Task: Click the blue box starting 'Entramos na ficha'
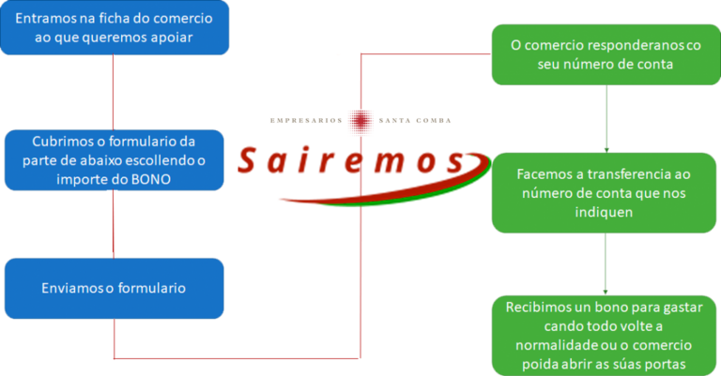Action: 115,28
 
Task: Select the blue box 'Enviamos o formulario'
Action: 115,287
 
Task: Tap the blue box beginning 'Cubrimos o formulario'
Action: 115,160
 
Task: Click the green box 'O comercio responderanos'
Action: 606,54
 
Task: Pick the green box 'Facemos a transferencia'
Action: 606,193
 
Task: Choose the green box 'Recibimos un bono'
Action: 606,335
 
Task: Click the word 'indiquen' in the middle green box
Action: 606,212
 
